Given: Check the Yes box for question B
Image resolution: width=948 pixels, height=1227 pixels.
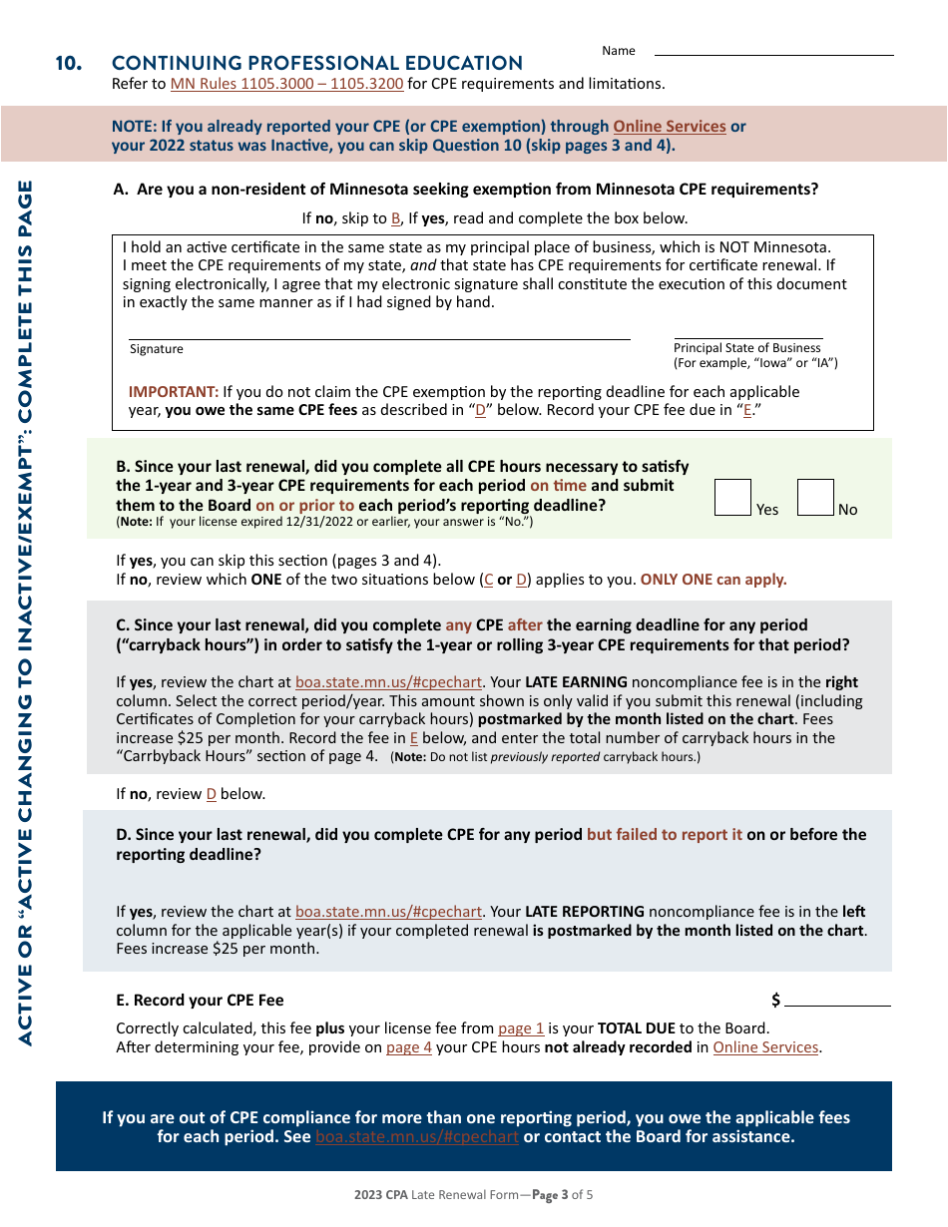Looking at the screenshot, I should (x=732, y=497).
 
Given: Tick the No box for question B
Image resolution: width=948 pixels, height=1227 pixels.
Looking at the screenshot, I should (x=815, y=497).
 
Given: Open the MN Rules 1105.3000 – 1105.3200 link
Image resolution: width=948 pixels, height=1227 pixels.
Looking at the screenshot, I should (x=286, y=84).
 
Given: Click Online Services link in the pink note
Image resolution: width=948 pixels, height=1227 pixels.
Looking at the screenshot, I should (x=669, y=127).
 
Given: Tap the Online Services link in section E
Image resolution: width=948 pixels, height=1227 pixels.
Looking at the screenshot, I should (x=765, y=1047).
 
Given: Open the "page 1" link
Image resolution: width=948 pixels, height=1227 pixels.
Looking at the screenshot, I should (x=521, y=1028).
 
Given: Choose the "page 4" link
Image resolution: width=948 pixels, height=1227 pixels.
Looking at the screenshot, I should (x=409, y=1047).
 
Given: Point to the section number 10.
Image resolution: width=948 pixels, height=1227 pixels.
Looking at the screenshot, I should (x=68, y=64).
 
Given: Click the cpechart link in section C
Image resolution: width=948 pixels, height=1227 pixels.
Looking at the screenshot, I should (x=388, y=683).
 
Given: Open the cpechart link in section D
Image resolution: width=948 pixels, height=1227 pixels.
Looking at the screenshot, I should (x=388, y=912).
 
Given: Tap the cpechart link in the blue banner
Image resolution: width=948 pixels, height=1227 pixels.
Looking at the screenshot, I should (x=417, y=1137).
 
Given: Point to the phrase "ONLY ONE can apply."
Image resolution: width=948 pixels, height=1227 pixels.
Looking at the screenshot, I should (x=713, y=580).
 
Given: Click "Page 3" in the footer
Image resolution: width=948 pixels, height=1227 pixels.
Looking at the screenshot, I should (x=550, y=1195).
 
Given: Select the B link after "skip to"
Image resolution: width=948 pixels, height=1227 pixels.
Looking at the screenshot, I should (x=396, y=218).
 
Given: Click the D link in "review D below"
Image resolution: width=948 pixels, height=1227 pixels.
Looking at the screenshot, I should (x=211, y=795).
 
